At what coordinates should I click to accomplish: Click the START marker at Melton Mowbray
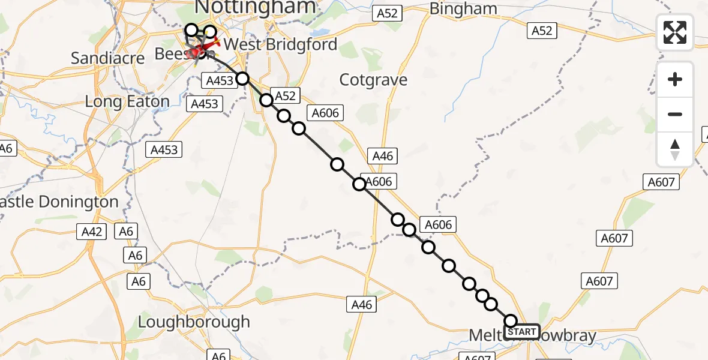(522, 332)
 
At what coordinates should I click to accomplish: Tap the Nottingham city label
(256, 7)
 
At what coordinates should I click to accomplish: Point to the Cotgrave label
(373, 80)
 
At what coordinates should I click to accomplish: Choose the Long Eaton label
(127, 101)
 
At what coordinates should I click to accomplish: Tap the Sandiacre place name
(108, 58)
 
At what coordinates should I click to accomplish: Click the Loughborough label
(194, 322)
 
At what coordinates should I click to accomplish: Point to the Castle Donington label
(59, 202)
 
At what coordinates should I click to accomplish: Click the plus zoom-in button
(675, 79)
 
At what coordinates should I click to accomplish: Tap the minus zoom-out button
(675, 114)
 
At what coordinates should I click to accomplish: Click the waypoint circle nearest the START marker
(511, 321)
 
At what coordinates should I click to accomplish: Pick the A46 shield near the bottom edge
(362, 305)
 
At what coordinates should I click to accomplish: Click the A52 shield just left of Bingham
(387, 13)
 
